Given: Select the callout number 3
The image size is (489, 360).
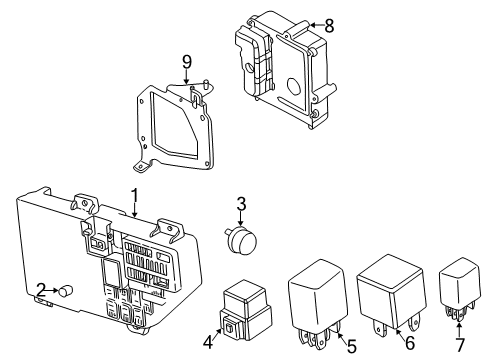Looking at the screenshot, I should coord(240,205).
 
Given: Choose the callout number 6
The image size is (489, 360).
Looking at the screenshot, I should coord(409,343).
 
